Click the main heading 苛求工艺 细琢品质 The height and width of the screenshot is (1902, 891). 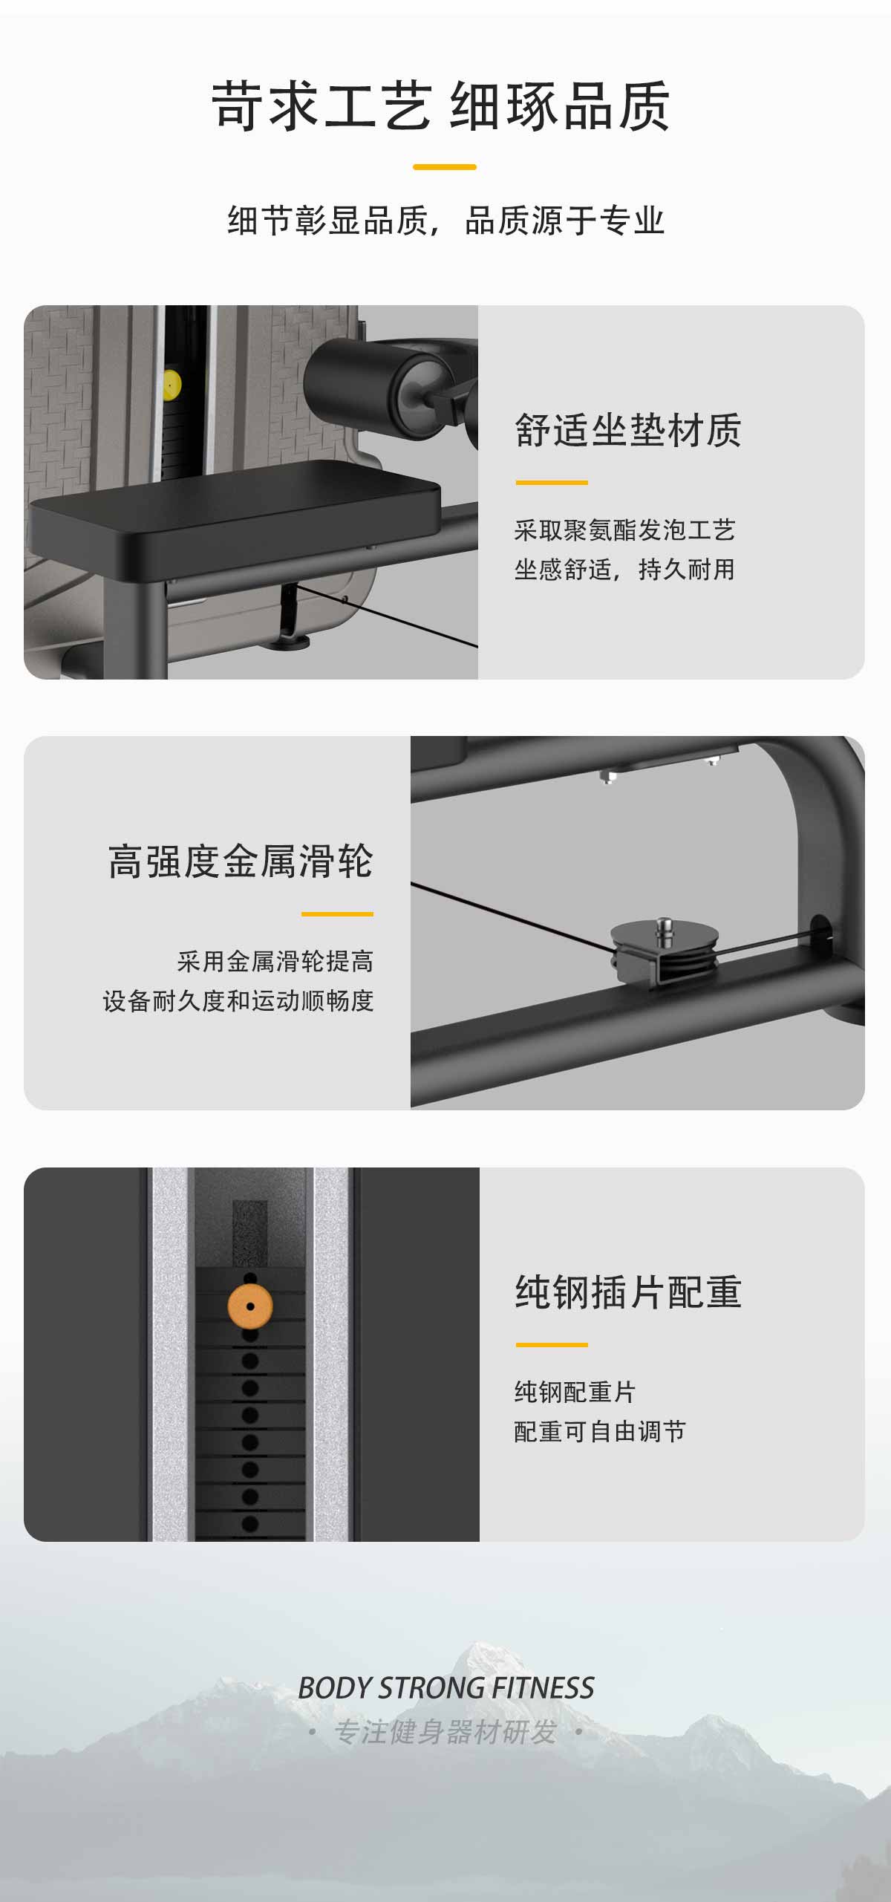[441, 106]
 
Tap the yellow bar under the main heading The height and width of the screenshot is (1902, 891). [444, 167]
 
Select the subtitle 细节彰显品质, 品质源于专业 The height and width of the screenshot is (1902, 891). [446, 221]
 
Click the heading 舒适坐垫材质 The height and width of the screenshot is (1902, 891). [628, 430]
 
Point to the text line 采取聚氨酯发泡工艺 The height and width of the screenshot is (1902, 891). [624, 530]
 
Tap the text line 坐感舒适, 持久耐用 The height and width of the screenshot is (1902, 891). [624, 570]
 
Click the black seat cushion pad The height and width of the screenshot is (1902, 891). [235, 509]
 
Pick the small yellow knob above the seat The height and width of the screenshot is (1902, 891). [172, 385]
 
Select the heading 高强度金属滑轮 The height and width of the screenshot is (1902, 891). [241, 862]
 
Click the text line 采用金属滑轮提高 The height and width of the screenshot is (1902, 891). [275, 962]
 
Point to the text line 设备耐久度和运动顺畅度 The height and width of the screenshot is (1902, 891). [238, 1001]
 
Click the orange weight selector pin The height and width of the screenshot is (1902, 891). [250, 1306]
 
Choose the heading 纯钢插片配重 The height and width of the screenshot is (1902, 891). [628, 1292]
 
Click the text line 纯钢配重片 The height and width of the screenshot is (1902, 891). [575, 1392]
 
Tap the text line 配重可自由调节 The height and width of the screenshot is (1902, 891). [600, 1431]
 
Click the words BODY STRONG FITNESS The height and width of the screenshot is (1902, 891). [446, 1688]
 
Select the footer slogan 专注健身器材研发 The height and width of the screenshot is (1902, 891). [446, 1732]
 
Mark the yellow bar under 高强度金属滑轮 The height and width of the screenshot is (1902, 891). [337, 913]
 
